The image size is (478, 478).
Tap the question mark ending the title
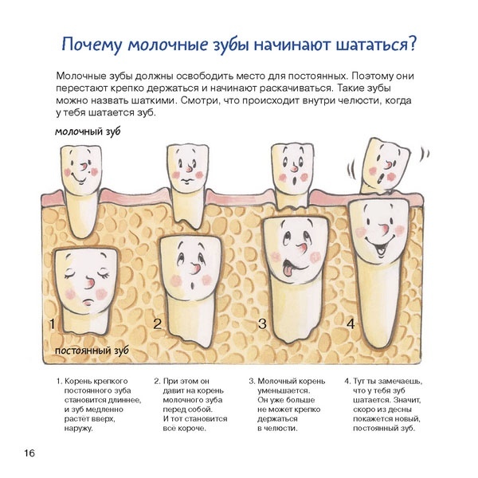[412, 44]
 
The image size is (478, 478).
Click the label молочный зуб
[88, 131]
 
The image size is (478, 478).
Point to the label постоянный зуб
[92, 351]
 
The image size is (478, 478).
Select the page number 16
[29, 453]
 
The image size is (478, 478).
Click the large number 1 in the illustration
[52, 323]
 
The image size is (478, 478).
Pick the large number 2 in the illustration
[157, 323]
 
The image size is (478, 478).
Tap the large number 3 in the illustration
[262, 323]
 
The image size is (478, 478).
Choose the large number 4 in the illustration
[351, 323]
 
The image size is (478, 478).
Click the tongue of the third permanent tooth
[287, 270]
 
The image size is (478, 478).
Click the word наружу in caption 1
[78, 429]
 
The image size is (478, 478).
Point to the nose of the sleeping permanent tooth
[89, 283]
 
